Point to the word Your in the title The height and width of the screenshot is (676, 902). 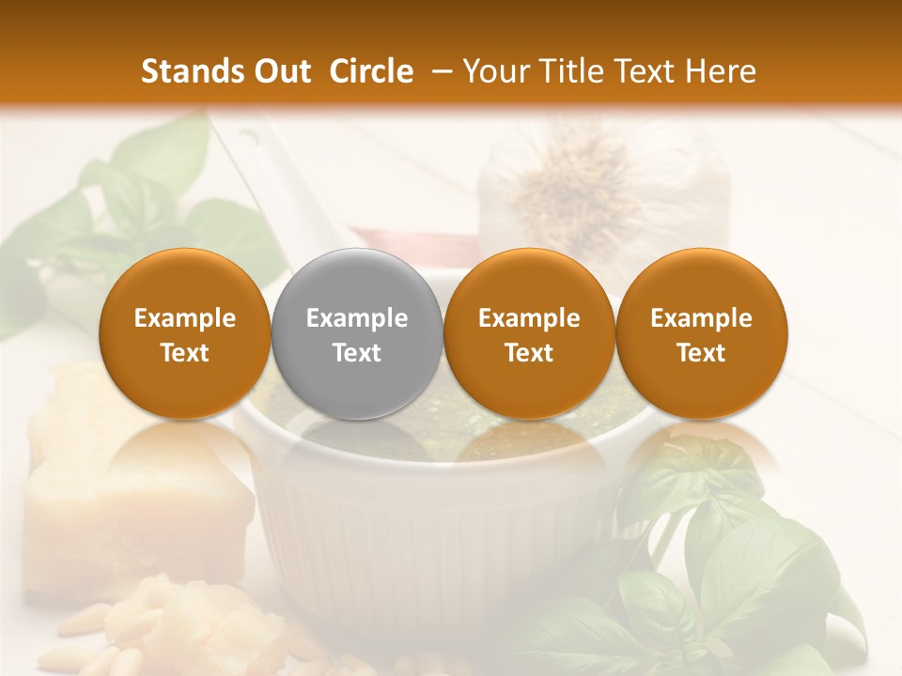(493, 71)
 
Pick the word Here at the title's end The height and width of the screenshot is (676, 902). (720, 71)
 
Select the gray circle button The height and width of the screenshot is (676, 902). (357, 333)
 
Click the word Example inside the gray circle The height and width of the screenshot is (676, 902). (357, 318)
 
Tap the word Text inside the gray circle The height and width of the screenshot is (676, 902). (357, 353)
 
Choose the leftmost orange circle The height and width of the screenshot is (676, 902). (185, 333)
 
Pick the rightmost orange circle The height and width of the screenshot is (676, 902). (702, 333)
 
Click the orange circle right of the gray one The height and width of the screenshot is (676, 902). (529, 333)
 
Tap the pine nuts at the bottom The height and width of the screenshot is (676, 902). (85, 648)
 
